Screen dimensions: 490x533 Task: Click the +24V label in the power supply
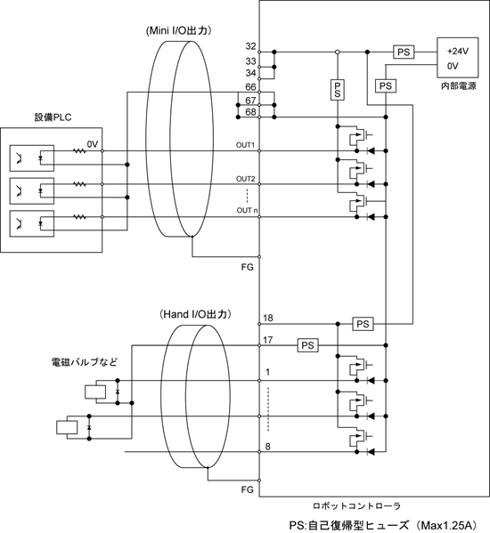[458, 52]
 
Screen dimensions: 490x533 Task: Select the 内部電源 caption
[458, 86]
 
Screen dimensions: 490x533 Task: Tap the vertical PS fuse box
[338, 90]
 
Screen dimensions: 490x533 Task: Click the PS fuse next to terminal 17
[307, 345]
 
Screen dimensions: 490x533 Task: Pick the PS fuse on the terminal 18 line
[363, 324]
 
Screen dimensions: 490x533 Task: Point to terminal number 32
[250, 46]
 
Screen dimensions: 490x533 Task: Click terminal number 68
[250, 112]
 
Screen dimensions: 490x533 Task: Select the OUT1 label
[245, 145]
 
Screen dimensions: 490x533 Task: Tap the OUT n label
[247, 210]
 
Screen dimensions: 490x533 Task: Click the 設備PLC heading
[53, 117]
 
